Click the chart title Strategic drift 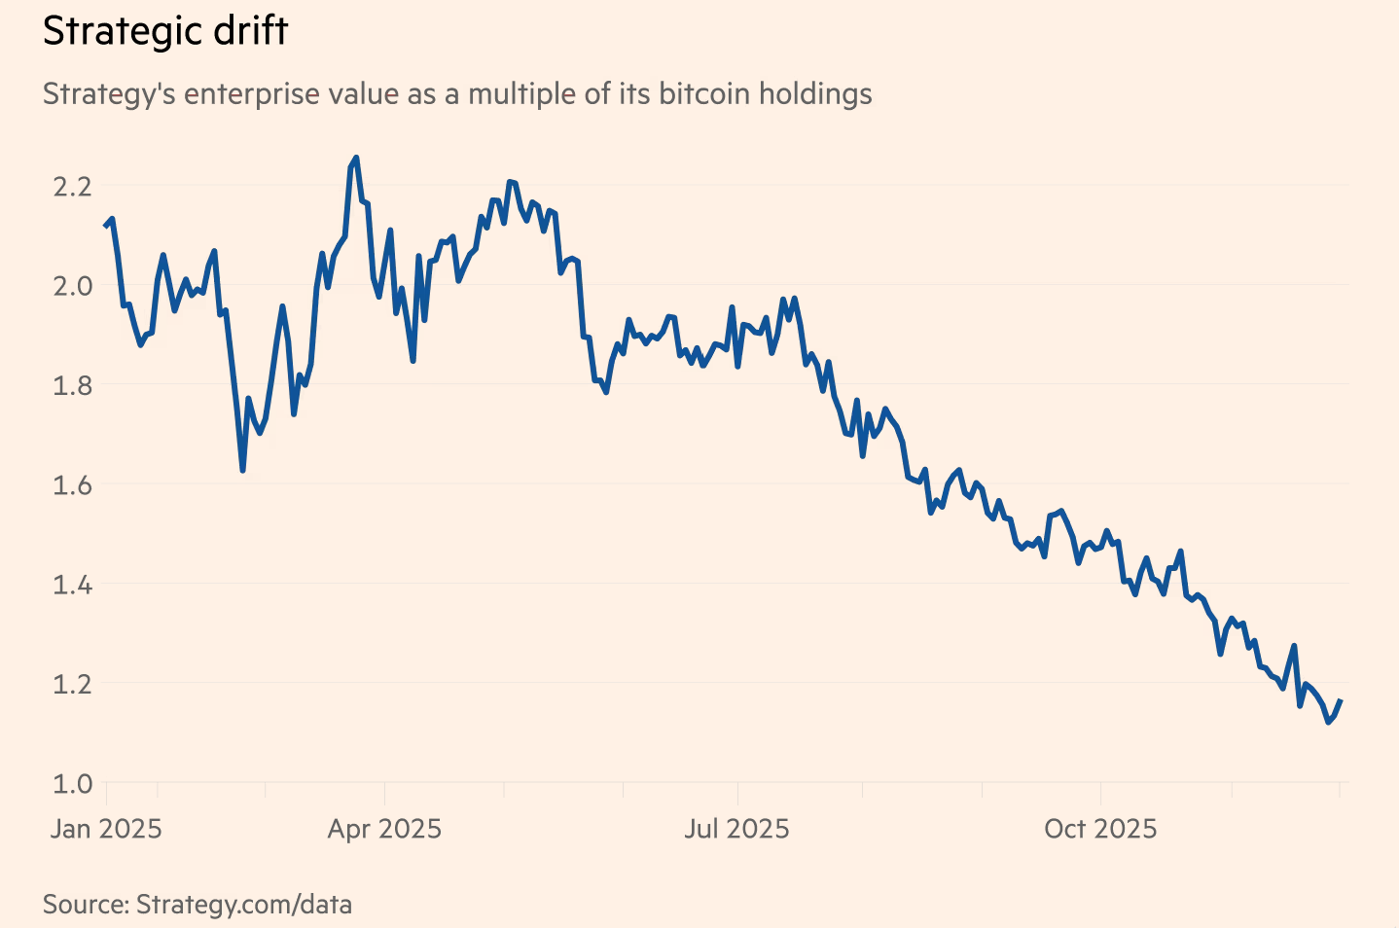pos(165,31)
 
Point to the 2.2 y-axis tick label pos(72,185)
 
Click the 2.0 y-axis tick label pos(72,285)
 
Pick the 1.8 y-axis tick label pos(72,385)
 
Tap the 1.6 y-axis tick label pos(72,484)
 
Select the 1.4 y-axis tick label pos(72,585)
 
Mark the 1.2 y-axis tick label pos(72,684)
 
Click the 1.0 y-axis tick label pos(72,783)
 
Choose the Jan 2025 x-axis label pos(106,829)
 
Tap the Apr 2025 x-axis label pos(384,829)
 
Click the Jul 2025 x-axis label pos(736,829)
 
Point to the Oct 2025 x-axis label pos(1100,829)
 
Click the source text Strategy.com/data pos(243,904)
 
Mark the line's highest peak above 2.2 pos(356,158)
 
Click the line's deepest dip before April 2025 pos(242,471)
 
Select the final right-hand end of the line pos(1341,700)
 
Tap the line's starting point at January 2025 pos(105,227)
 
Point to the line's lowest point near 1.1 pos(1328,723)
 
